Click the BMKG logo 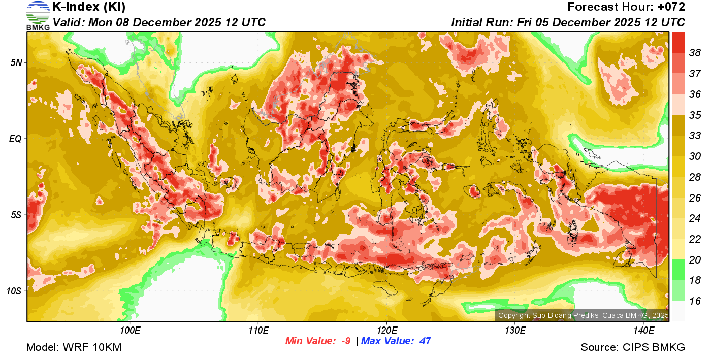38,16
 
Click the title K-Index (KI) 89,7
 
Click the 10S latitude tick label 13,291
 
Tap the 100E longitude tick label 130,331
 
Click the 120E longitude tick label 386,331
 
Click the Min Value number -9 345,341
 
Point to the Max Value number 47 425,341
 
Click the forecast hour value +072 671,7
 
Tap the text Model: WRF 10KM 74,347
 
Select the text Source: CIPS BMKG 633,347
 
